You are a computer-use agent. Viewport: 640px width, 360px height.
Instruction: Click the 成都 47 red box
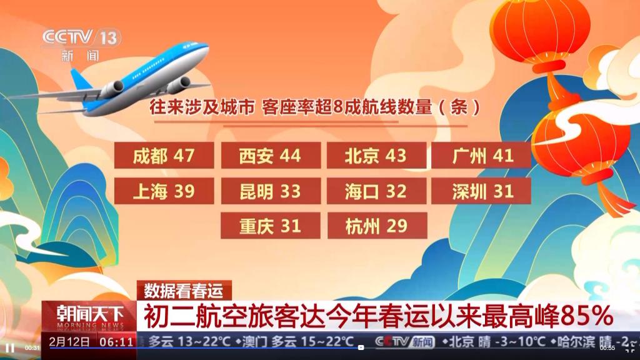tap(164, 156)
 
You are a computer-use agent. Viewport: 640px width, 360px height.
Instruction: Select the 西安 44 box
tap(271, 156)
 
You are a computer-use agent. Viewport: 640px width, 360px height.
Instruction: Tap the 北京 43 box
tap(377, 156)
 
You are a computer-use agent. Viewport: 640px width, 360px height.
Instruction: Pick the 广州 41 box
tap(482, 156)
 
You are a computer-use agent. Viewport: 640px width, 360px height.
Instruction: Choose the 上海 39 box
tap(164, 191)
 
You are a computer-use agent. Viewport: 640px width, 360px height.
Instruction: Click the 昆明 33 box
tap(271, 191)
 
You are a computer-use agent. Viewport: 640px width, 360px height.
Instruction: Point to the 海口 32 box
tap(377, 191)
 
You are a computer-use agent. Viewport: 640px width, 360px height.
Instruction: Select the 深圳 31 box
tap(482, 191)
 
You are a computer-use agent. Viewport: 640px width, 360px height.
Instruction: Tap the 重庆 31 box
tap(271, 225)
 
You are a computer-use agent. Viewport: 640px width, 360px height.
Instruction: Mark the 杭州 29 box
tap(377, 225)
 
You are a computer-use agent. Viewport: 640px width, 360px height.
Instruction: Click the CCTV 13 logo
tap(81, 44)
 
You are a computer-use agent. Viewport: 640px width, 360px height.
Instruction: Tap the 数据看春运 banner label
tap(184, 291)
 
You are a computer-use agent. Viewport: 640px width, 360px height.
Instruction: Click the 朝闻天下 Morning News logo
tap(89, 317)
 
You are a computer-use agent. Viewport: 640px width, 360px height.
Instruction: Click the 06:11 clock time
tap(117, 342)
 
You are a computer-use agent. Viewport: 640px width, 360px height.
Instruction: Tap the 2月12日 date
tap(69, 342)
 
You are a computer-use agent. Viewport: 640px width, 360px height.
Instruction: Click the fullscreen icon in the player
tap(630, 347)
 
